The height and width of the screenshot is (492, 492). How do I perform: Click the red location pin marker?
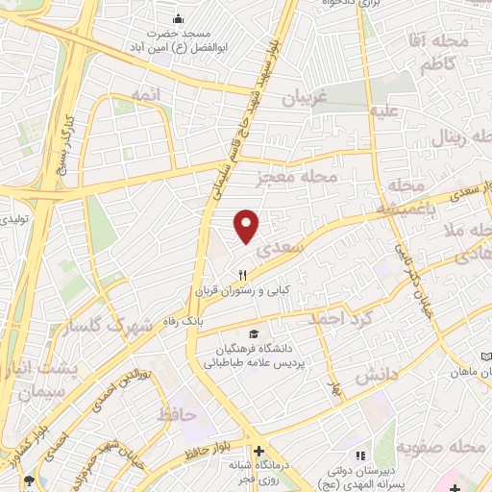coord(248,226)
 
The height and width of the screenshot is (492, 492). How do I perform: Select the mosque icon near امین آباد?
coord(177,19)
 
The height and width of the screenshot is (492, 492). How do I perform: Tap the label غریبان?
coord(305,98)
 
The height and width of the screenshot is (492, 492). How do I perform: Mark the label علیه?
coord(385,111)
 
